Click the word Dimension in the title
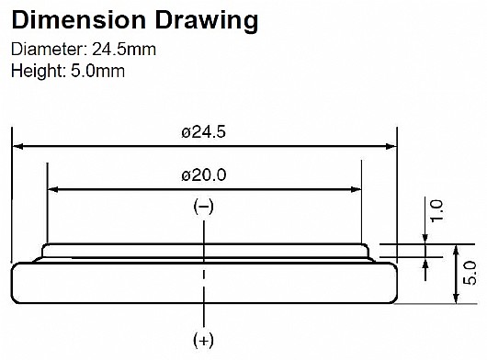79,20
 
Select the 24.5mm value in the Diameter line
124,50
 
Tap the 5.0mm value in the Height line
97,71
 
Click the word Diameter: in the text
50,50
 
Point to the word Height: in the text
38,72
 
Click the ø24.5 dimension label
203,132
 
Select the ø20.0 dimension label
204,175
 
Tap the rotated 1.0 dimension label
436,210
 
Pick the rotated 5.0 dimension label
470,273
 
